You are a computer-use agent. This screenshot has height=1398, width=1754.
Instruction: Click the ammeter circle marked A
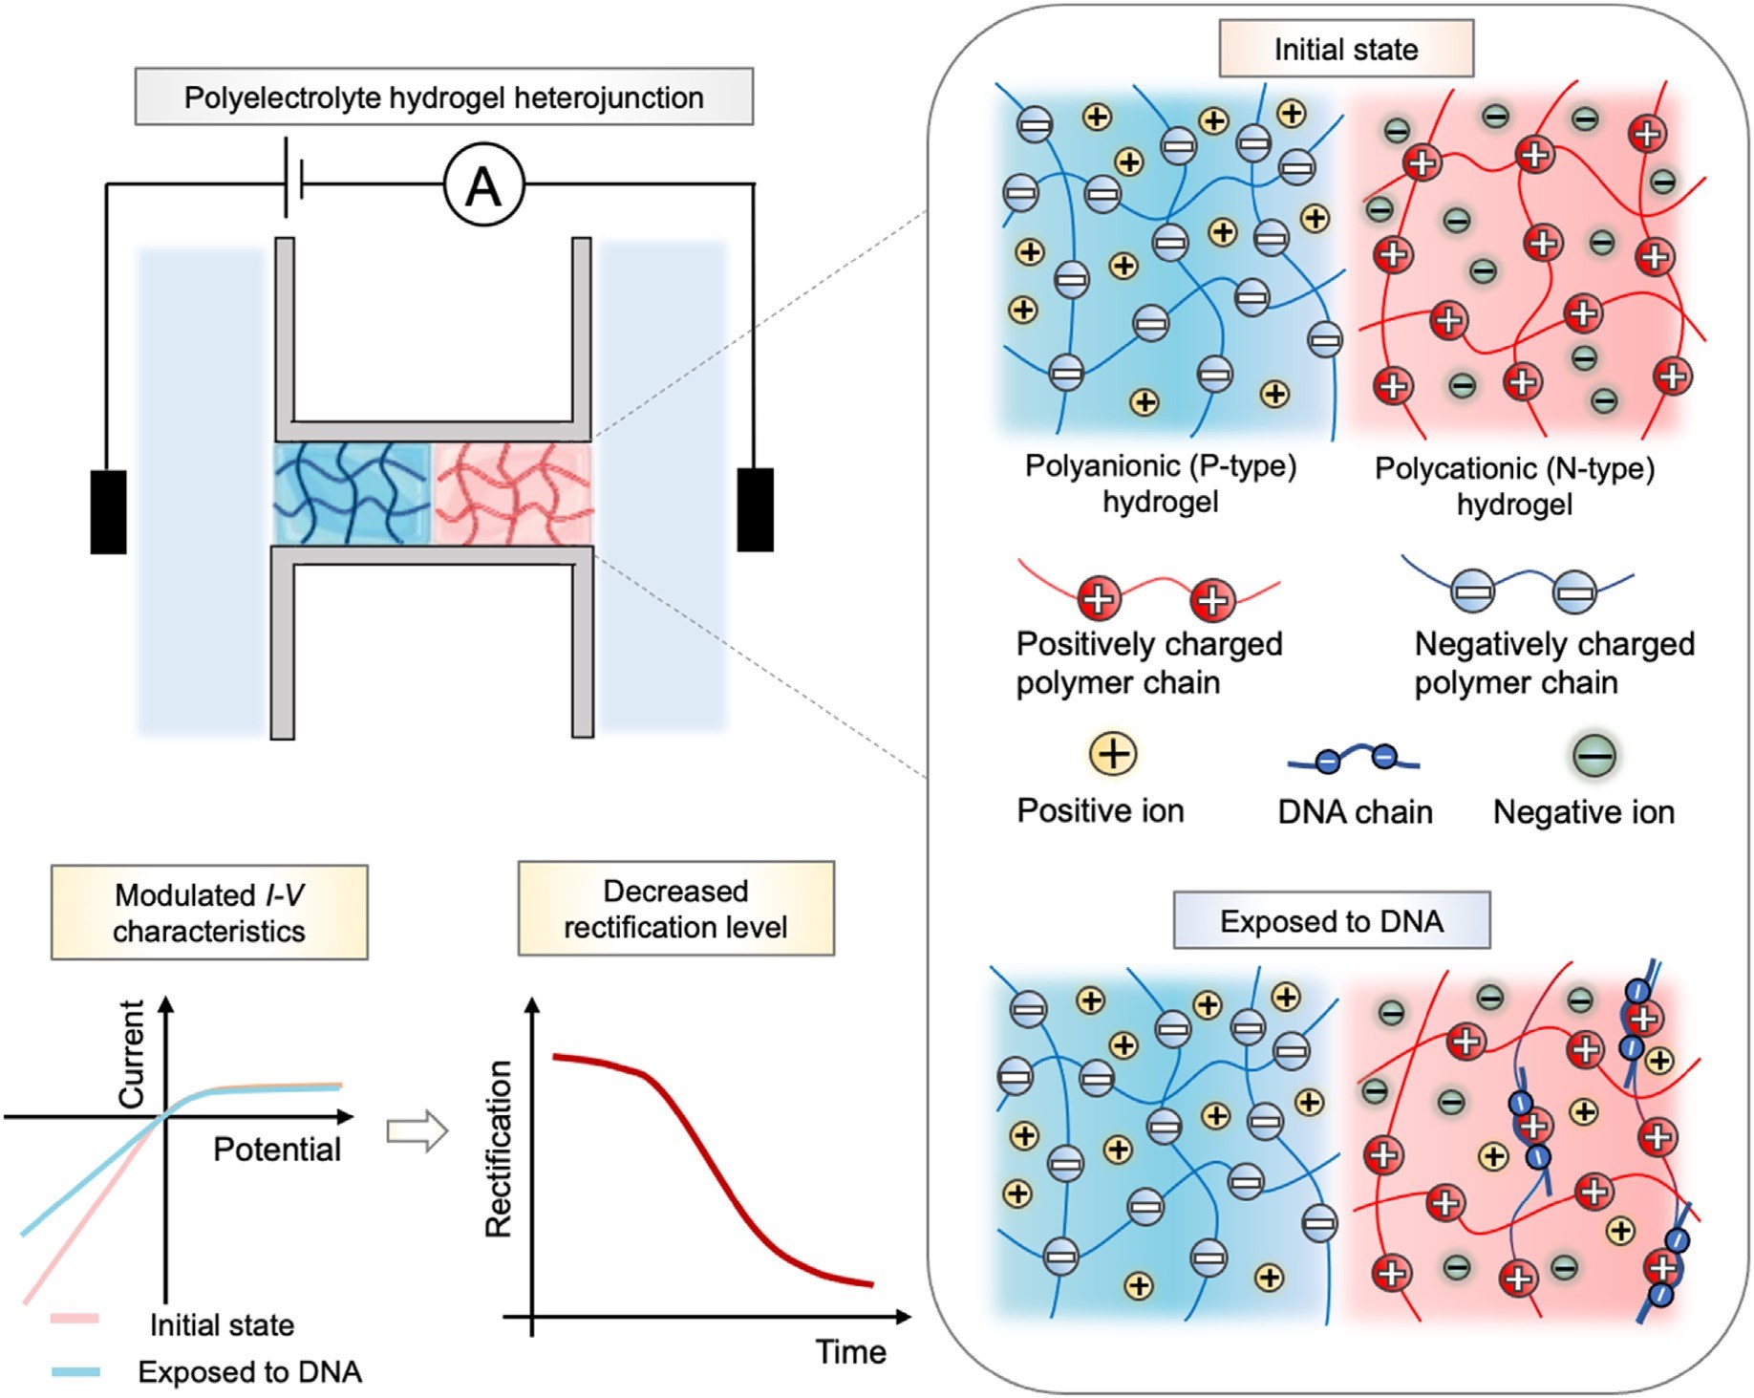click(484, 185)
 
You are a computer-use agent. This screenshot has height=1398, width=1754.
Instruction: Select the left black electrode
click(108, 511)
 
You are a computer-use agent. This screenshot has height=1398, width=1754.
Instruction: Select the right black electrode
click(755, 509)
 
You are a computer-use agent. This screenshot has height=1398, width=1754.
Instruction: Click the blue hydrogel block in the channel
click(353, 493)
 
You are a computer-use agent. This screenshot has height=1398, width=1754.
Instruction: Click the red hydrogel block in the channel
click(513, 493)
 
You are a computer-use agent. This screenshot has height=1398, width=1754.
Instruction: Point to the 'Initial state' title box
click(1345, 50)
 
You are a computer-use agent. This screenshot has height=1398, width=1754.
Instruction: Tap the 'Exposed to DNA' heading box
click(1331, 921)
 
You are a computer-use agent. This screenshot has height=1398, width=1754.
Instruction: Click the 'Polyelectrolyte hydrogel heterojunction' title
click(443, 97)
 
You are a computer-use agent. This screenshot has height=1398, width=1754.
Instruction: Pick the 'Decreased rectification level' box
click(675, 909)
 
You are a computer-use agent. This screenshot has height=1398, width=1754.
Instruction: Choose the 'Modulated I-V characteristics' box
click(209, 913)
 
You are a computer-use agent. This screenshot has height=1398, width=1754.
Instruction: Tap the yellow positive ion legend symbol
click(1113, 754)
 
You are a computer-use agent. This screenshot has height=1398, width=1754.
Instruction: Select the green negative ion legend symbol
click(1594, 755)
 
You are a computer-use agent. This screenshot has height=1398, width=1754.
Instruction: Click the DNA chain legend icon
click(1354, 760)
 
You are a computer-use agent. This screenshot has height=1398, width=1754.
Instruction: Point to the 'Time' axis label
click(850, 1352)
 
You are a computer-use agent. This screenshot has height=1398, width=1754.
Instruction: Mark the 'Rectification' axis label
click(499, 1150)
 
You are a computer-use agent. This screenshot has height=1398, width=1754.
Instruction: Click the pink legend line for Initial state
click(75, 1320)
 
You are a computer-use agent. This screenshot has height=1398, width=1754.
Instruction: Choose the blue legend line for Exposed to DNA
click(75, 1372)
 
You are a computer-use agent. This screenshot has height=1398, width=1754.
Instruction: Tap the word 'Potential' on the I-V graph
click(276, 1150)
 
